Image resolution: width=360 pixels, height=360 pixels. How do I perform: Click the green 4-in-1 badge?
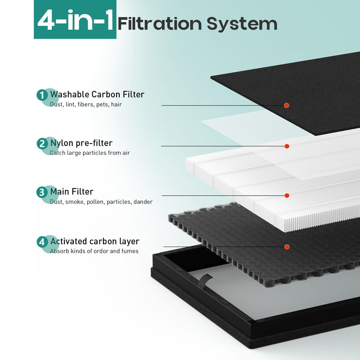tap(75, 19)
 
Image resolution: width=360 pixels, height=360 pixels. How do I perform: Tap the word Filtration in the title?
tap(160, 23)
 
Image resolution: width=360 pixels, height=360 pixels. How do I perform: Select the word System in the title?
tap(242, 24)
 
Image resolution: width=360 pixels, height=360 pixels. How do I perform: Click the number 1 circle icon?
tap(42, 95)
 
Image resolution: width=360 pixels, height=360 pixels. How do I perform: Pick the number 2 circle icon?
tap(42, 144)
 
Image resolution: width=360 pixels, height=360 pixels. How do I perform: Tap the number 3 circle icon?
tap(42, 192)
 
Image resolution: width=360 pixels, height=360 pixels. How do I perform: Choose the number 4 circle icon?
tap(42, 242)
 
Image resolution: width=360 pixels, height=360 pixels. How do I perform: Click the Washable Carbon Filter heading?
tap(97, 94)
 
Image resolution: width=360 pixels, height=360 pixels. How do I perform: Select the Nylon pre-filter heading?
tap(81, 143)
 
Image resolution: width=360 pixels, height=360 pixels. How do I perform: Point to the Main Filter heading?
tap(72, 192)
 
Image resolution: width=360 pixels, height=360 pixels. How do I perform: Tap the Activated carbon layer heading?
tap(94, 241)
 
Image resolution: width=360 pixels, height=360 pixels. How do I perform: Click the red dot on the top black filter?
tap(287, 105)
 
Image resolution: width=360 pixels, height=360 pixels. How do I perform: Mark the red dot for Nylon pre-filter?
tap(287, 146)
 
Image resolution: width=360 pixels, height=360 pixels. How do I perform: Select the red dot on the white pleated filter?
tap(287, 196)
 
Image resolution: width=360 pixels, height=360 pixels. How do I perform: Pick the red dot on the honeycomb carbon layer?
tap(287, 247)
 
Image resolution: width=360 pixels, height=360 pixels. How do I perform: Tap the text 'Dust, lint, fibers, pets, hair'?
tap(86, 104)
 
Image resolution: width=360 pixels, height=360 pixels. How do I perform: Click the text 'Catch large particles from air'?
tap(90, 153)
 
